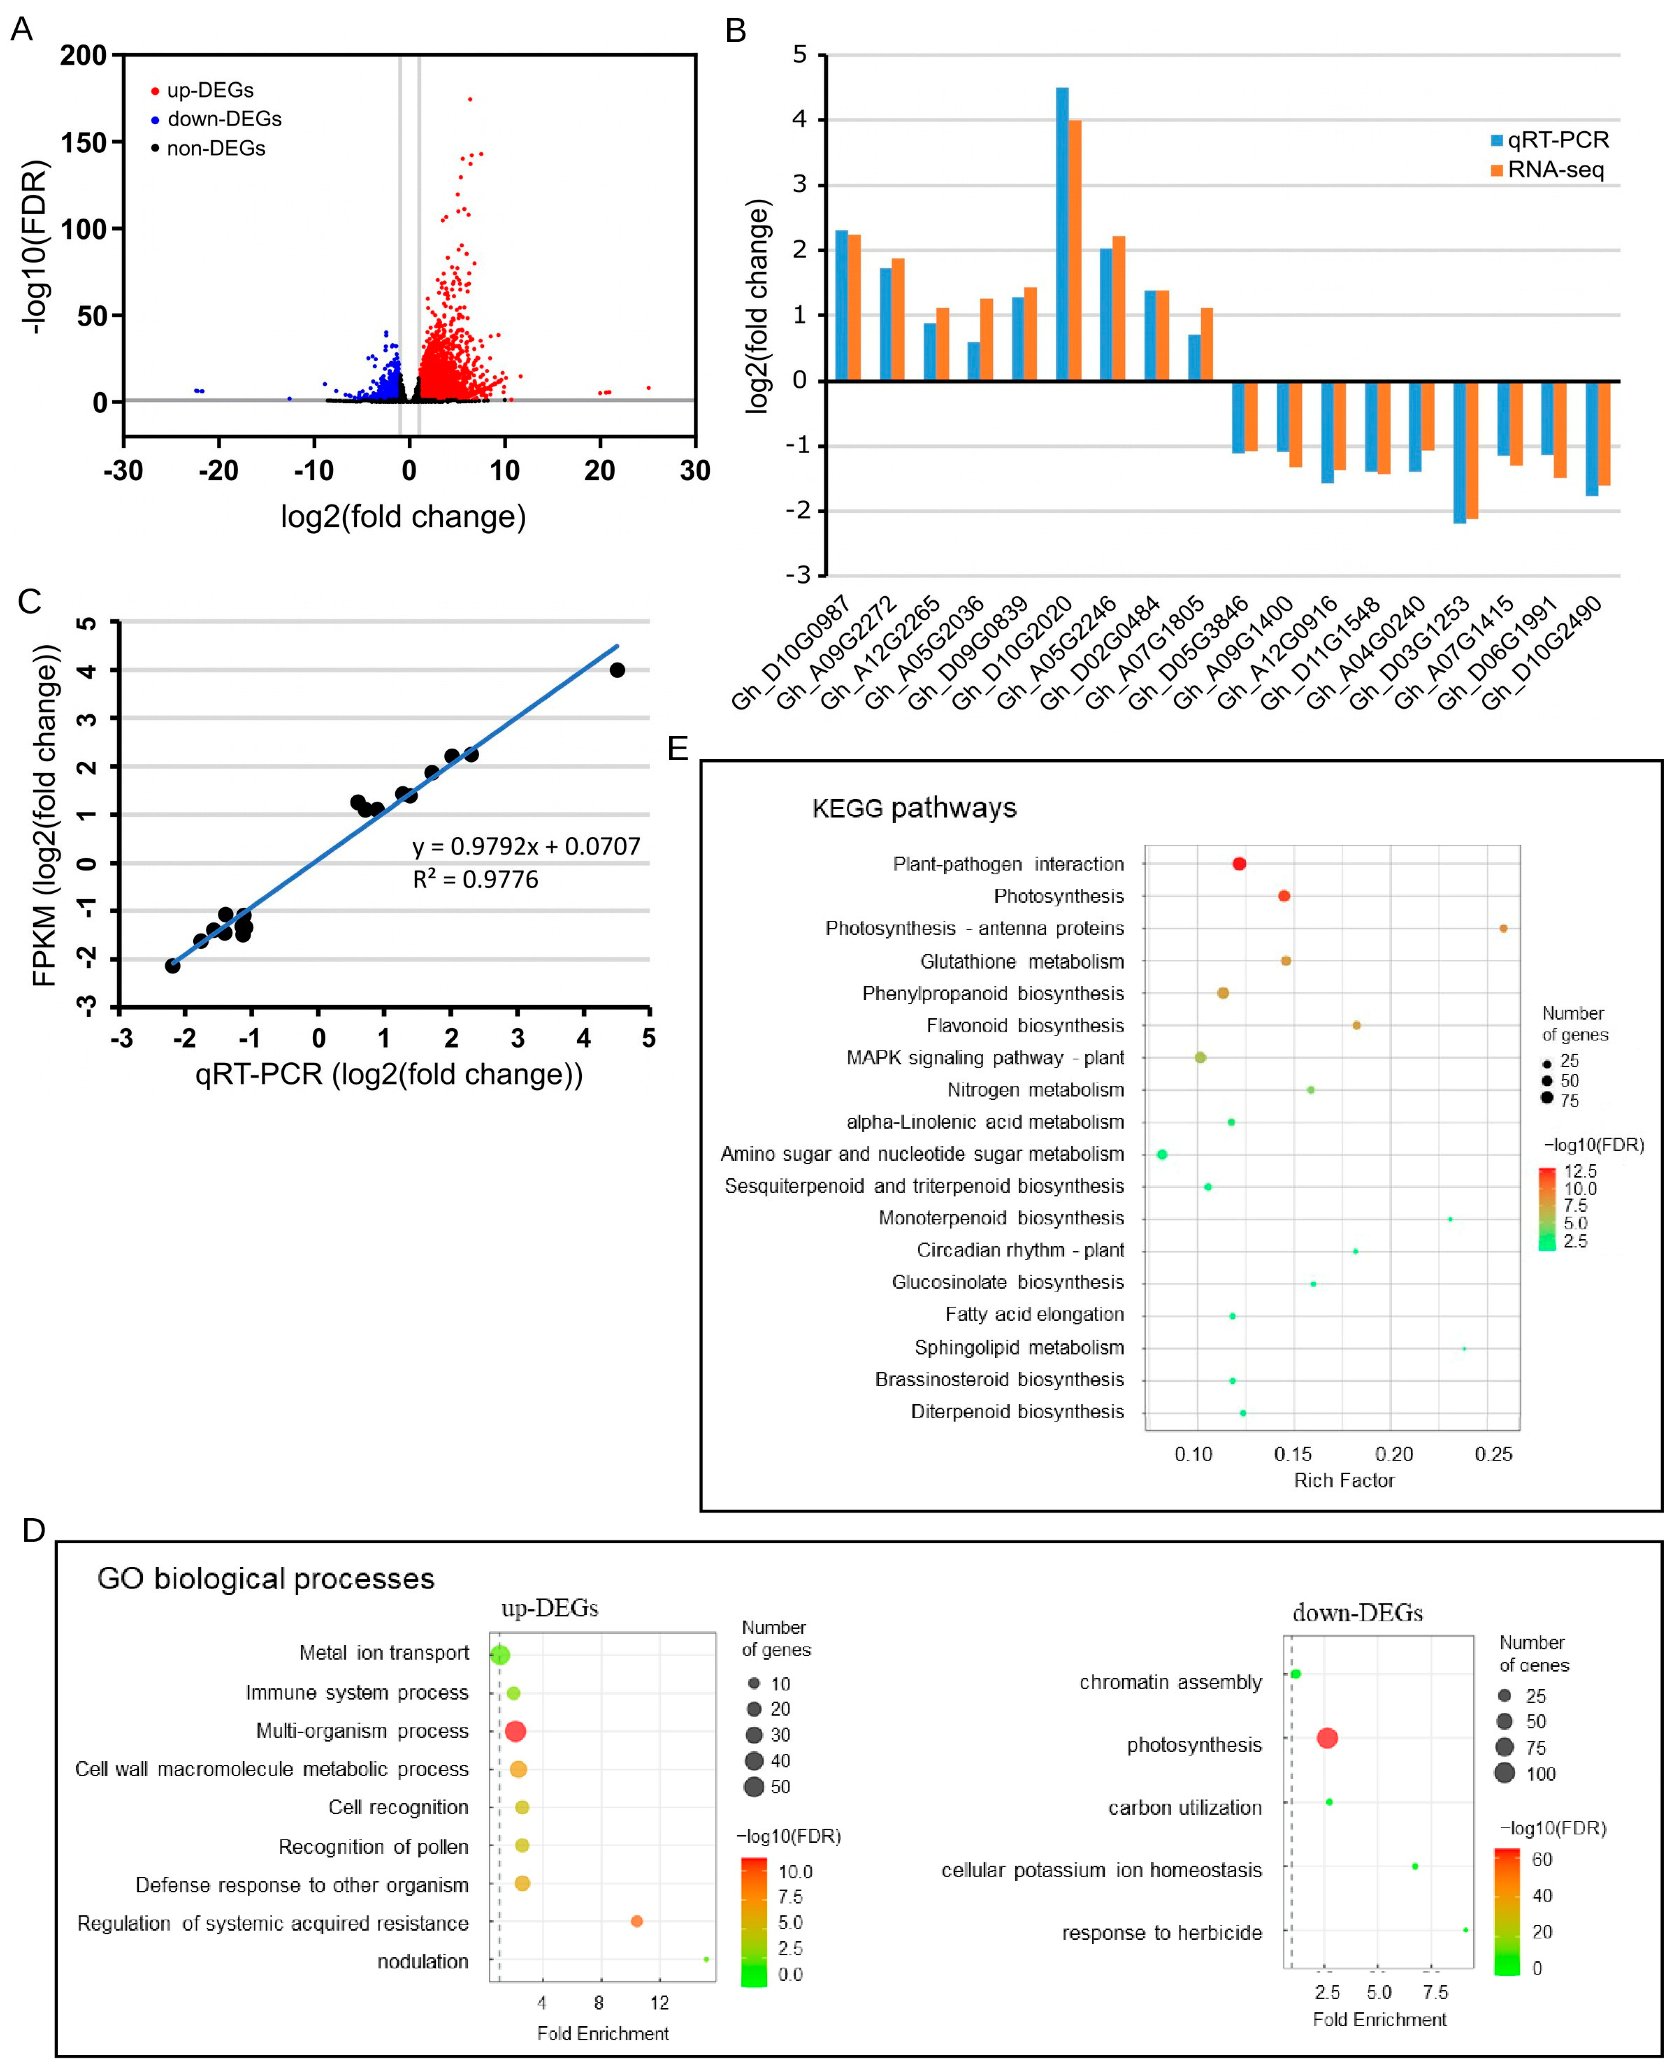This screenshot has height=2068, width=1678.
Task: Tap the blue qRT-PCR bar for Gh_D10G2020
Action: coord(1061,234)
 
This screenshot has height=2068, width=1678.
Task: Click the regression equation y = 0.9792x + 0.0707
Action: coord(526,846)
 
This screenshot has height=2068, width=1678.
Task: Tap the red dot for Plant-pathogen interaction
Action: coord(1239,864)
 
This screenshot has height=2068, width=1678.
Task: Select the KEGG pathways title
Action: coord(915,808)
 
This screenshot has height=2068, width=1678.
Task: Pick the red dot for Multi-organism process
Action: coord(515,1731)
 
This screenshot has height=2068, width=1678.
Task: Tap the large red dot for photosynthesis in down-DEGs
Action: coord(1327,1738)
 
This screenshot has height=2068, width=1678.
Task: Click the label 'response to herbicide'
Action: coord(1162,1933)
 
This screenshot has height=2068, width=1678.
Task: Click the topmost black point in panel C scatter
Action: coord(617,670)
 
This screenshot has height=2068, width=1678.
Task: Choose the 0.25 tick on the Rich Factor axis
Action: coord(1494,1453)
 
